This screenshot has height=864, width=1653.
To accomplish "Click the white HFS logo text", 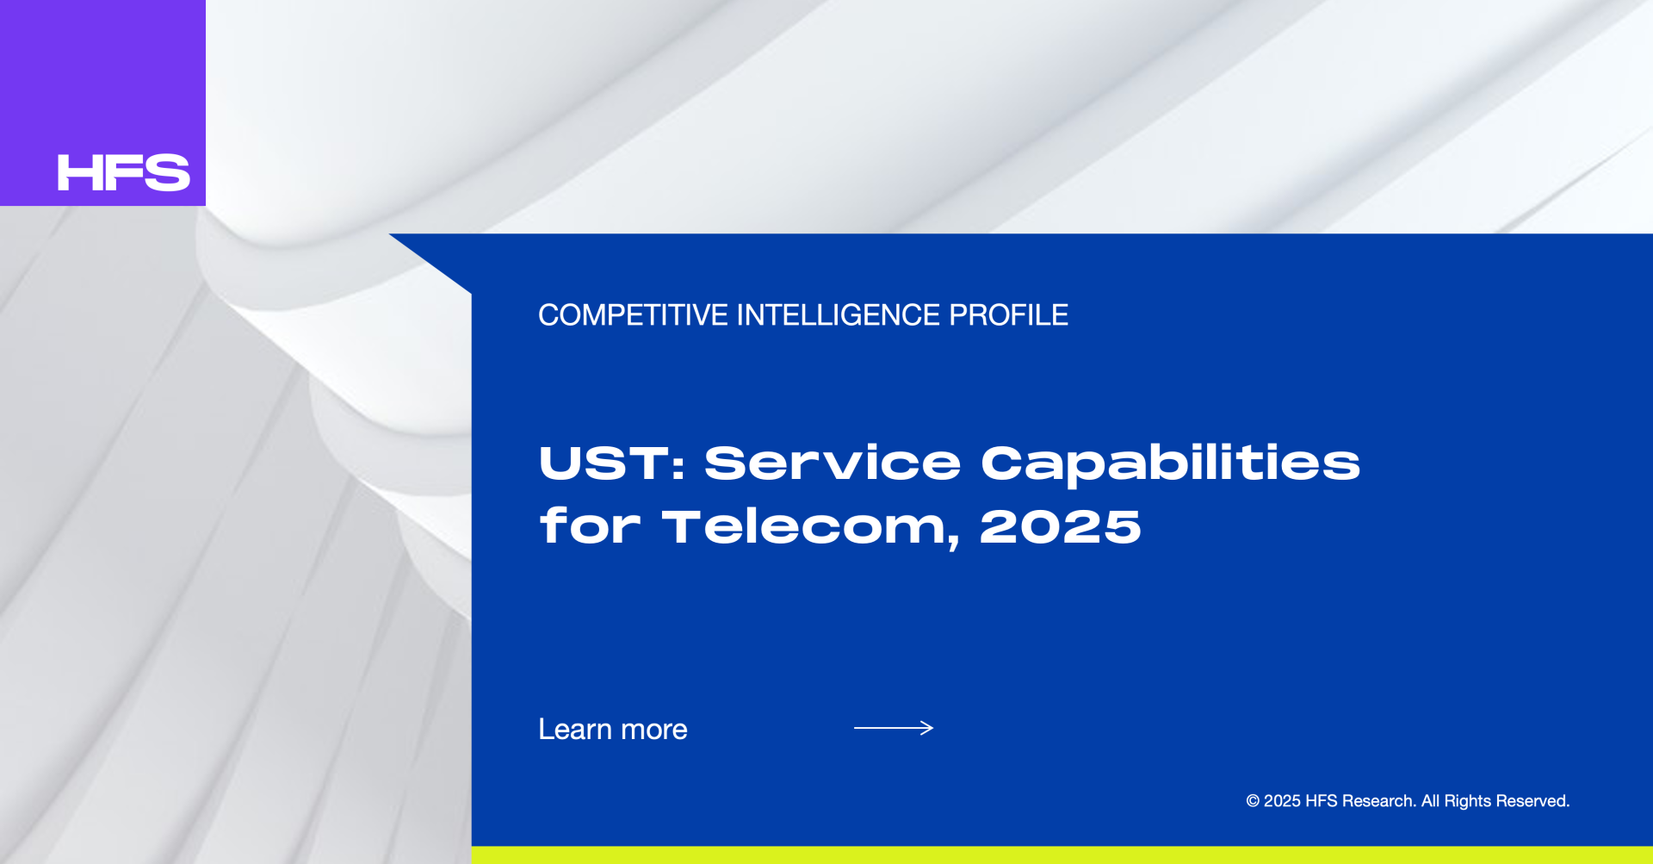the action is click(123, 172).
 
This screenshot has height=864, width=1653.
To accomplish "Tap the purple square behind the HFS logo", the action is click(102, 103).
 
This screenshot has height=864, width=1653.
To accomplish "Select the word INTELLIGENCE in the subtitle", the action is click(839, 315).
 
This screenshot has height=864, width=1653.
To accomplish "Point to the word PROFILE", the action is click(1008, 315).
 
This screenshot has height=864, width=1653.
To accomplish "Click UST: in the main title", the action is click(612, 463).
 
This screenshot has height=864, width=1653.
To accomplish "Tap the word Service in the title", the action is click(833, 463).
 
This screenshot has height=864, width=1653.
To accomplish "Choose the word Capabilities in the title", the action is click(1171, 465).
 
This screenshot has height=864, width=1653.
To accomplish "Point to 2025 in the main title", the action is click(1061, 526).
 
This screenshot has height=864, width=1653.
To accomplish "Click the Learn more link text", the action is click(613, 730).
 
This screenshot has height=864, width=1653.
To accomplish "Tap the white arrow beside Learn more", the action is click(894, 728).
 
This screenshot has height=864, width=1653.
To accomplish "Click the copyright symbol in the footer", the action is click(1253, 801).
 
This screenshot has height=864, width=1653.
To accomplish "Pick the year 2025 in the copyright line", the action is click(1282, 801).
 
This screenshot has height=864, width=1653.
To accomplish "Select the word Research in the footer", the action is click(1379, 801).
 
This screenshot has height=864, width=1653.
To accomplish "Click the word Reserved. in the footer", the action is click(1533, 801).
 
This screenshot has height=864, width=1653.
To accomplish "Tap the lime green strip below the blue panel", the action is click(1062, 855).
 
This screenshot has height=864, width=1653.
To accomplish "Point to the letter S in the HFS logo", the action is click(167, 172).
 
